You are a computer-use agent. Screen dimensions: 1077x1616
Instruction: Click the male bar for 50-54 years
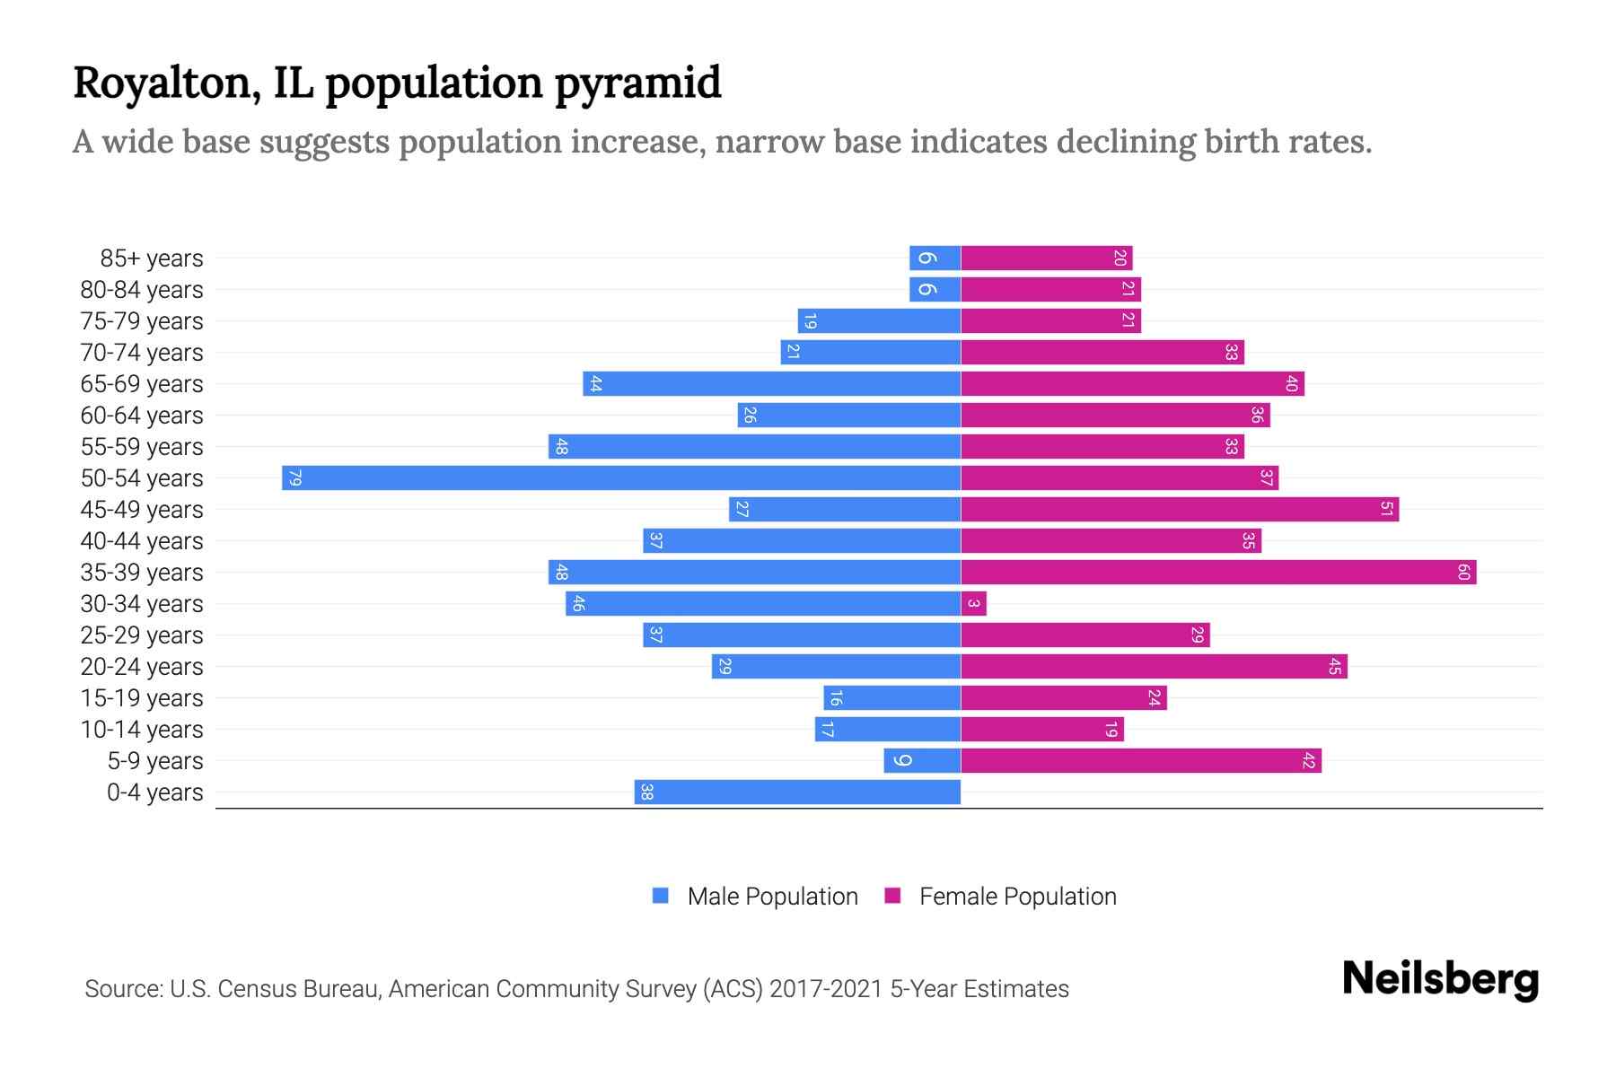point(621,477)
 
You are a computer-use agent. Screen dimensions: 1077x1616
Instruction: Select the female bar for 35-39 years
point(1218,572)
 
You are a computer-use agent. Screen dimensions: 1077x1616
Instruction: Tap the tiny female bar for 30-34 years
point(973,603)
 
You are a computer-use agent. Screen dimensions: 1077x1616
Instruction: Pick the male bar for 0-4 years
point(797,792)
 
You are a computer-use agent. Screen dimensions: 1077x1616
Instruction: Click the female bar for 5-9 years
point(1140,760)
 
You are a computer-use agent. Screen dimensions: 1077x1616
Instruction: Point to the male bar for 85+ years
point(935,258)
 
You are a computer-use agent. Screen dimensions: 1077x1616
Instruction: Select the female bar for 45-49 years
point(1180,509)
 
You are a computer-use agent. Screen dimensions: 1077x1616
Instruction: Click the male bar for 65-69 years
point(772,383)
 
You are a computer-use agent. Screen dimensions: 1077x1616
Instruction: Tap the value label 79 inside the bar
point(294,477)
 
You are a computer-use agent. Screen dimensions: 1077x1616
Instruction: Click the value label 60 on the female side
point(1463,572)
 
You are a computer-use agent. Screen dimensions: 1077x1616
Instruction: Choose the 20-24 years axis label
point(142,667)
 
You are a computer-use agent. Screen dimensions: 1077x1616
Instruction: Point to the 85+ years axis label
point(152,258)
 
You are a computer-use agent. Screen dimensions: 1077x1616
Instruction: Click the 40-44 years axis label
point(142,541)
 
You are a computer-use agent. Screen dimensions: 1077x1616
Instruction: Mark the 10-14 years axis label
point(142,730)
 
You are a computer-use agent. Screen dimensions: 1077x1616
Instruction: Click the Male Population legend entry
point(771,896)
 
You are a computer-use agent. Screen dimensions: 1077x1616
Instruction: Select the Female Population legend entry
point(1017,896)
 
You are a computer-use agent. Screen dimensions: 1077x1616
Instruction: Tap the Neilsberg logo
point(1440,979)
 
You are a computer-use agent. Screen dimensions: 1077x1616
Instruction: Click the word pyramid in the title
point(637,83)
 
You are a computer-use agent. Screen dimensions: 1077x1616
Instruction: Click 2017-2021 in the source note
point(826,989)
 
